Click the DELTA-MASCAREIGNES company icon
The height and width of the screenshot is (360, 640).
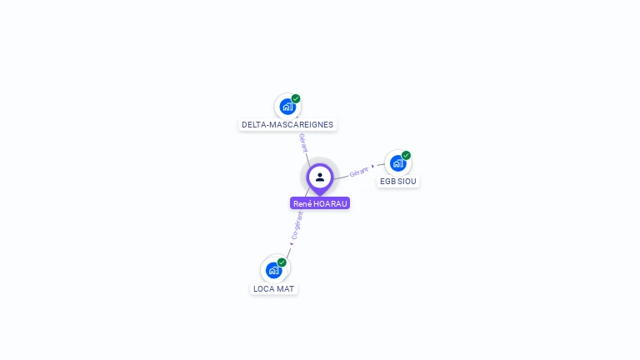click(x=287, y=107)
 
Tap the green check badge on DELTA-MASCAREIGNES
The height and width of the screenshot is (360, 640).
click(x=296, y=98)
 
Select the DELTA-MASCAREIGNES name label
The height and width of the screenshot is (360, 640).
click(x=287, y=125)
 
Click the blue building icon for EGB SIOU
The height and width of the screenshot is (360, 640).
click(x=398, y=163)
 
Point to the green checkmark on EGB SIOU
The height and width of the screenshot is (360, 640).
click(x=407, y=155)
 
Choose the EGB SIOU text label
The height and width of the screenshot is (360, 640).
click(x=398, y=182)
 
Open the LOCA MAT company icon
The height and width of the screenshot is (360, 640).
click(x=273, y=270)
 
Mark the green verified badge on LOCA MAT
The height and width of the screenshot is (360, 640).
click(x=282, y=262)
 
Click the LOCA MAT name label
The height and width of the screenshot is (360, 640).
click(x=273, y=289)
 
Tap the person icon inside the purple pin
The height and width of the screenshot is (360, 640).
click(x=320, y=177)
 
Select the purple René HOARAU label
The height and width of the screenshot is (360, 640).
click(x=320, y=203)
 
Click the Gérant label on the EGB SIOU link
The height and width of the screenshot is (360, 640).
click(x=359, y=172)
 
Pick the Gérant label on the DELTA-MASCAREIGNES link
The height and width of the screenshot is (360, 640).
click(x=303, y=142)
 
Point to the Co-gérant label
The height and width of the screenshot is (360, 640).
click(x=297, y=224)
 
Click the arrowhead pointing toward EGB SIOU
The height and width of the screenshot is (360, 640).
click(x=373, y=167)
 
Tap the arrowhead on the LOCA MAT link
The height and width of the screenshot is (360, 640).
click(x=292, y=243)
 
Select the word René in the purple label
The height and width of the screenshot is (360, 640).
click(x=302, y=203)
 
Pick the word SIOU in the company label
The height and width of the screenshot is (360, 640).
click(x=407, y=182)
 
